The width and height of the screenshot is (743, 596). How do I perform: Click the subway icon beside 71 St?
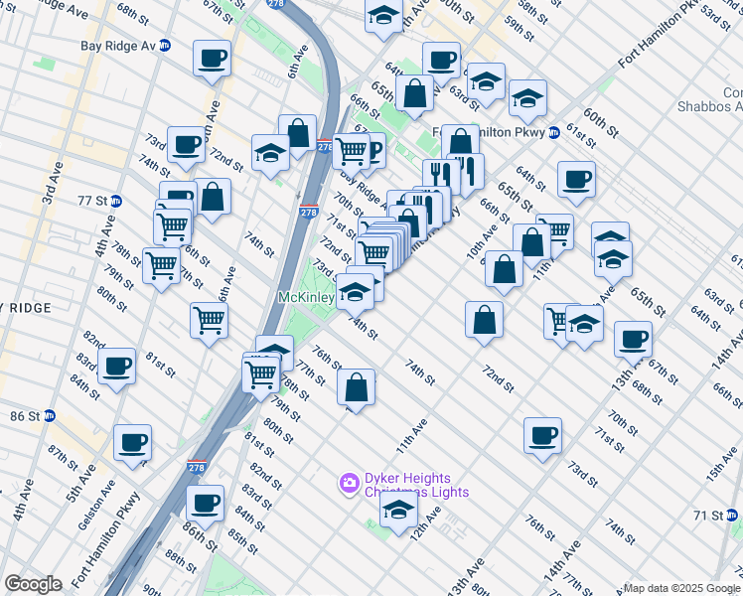click(733, 517)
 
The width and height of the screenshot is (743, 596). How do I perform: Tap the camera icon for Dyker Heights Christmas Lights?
click(349, 484)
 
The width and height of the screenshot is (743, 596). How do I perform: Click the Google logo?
click(33, 584)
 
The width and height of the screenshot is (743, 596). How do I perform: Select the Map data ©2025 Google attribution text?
click(681, 588)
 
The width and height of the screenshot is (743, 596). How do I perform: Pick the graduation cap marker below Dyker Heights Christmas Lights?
click(397, 511)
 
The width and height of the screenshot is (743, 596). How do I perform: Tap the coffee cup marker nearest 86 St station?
click(132, 442)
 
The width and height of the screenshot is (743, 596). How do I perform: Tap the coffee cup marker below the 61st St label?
click(576, 179)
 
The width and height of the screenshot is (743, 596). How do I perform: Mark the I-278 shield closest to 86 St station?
click(197, 465)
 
